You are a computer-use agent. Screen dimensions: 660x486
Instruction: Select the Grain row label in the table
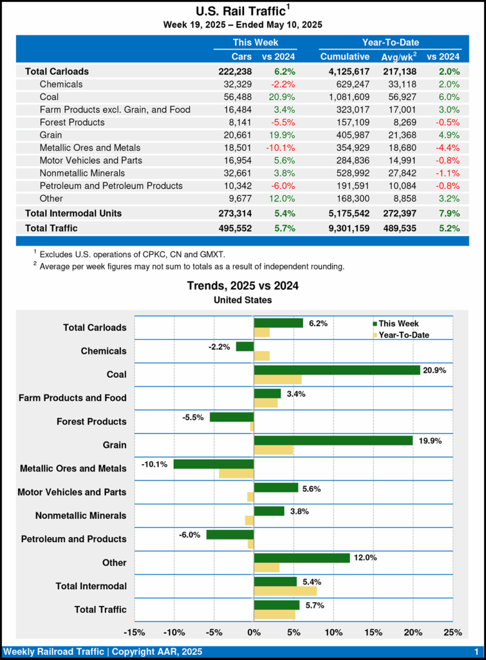click(x=51, y=135)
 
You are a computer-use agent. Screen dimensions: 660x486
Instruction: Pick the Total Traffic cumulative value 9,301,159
click(x=345, y=228)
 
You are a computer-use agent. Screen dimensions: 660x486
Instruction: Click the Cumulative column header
click(x=345, y=57)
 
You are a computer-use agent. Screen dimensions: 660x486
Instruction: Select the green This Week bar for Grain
click(x=333, y=440)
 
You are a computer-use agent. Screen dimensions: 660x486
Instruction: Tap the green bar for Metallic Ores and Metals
click(x=214, y=464)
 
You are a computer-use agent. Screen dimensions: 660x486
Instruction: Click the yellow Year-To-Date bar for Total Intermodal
click(x=285, y=590)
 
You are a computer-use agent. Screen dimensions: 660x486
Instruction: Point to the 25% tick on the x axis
click(x=453, y=632)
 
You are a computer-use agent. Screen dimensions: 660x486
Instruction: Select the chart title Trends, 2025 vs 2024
click(x=243, y=286)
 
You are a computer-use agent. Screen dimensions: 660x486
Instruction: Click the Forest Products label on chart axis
click(x=92, y=422)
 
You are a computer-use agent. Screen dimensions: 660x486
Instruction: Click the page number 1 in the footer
click(x=475, y=652)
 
